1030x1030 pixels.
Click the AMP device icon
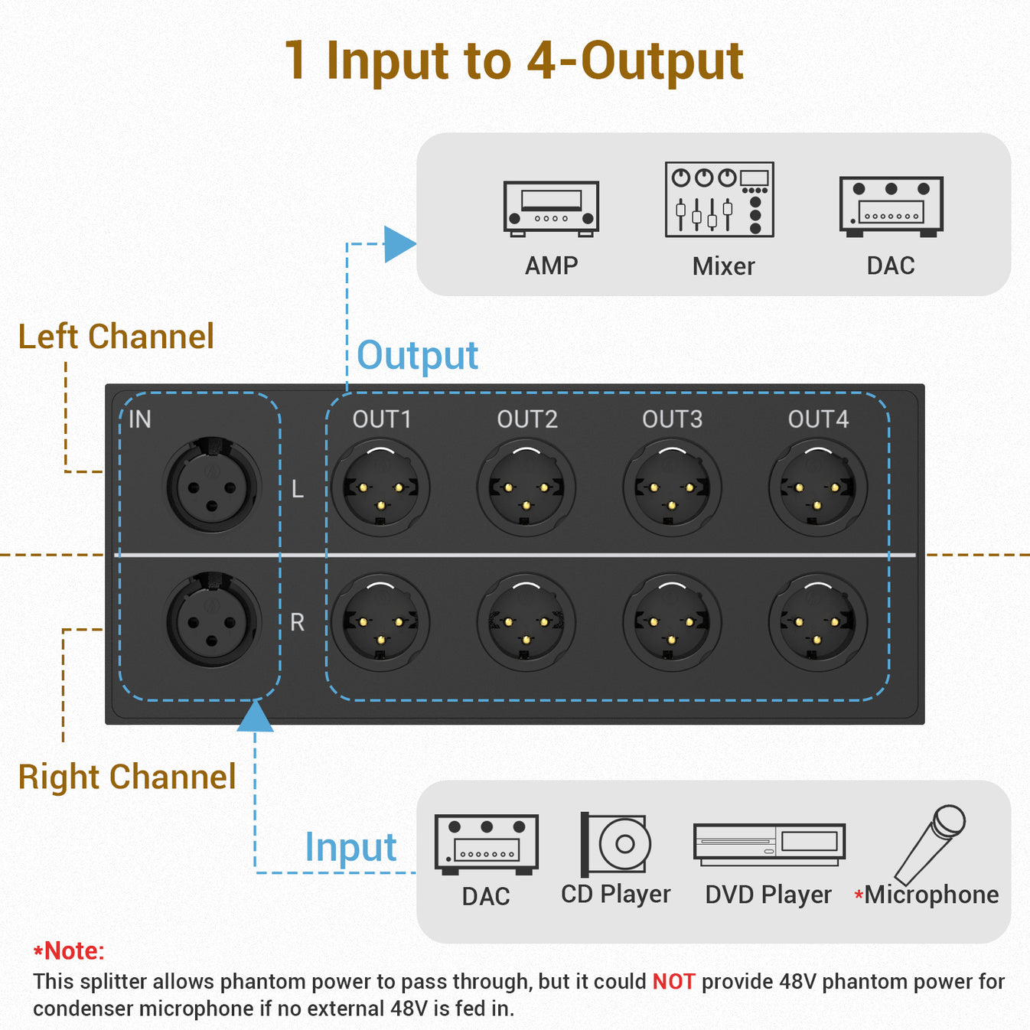(551, 207)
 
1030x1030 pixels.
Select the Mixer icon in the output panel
(719, 200)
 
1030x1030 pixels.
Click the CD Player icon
(616, 844)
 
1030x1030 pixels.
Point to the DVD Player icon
(769, 844)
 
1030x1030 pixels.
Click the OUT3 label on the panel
(672, 419)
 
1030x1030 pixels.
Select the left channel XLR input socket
(212, 486)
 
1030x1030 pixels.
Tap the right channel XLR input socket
(212, 621)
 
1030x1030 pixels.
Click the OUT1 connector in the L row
(380, 487)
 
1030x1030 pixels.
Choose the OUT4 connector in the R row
(817, 622)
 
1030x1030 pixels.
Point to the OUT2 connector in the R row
(526, 622)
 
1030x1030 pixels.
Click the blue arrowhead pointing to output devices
(399, 244)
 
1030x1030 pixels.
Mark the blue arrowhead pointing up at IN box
(255, 718)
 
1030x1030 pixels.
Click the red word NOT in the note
(673, 982)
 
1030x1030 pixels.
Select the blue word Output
(417, 356)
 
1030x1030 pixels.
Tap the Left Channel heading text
(116, 337)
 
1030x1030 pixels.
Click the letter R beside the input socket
(297, 622)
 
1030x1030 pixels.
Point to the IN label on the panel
(139, 419)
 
